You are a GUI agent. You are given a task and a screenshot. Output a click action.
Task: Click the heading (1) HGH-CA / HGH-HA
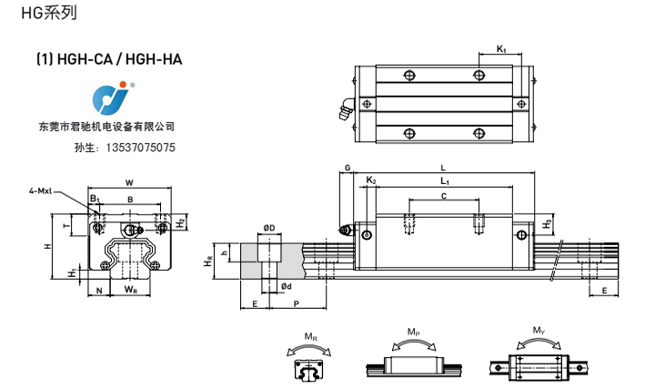pyautogui.click(x=110, y=60)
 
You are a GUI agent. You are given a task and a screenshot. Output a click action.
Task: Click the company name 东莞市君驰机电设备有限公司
pyautogui.click(x=107, y=128)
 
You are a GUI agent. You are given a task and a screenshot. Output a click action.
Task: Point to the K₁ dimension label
pyautogui.click(x=502, y=48)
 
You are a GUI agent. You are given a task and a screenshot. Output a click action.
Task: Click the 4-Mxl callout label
pyautogui.click(x=42, y=191)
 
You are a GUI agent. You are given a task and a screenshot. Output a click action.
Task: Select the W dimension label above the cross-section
pyautogui.click(x=129, y=181)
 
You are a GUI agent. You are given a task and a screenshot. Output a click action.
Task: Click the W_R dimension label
pyautogui.click(x=130, y=291)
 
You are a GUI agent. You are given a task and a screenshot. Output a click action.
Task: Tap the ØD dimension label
pyautogui.click(x=269, y=228)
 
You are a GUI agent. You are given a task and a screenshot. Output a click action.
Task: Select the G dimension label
pyautogui.click(x=348, y=169)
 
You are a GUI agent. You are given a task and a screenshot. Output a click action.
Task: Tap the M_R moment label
pyautogui.click(x=311, y=338)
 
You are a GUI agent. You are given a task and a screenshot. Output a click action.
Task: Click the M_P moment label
pyautogui.click(x=414, y=331)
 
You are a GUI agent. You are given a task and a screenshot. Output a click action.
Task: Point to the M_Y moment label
pyautogui.click(x=539, y=331)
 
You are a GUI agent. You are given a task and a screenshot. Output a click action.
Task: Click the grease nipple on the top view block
pyautogui.click(x=345, y=111)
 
